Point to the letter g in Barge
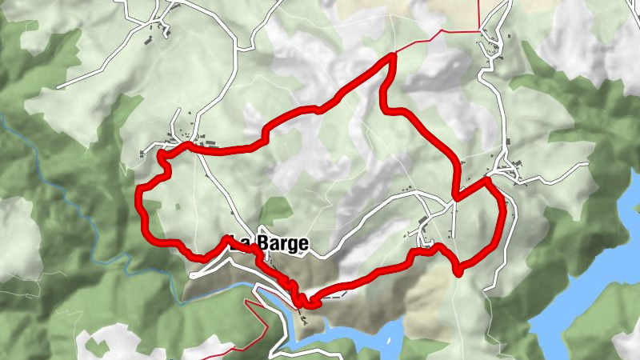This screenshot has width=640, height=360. coord(290,246)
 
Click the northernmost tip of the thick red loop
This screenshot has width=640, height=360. coord(393,55)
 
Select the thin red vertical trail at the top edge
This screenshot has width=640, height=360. coord(479,14)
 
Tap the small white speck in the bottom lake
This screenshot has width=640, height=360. coord(390,341)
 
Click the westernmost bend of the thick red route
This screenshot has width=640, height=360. coord(140,196)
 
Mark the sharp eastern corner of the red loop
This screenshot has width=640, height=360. coord(486,182)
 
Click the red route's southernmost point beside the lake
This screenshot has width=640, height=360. coord(302,304)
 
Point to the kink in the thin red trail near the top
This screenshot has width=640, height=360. coord(442,31)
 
